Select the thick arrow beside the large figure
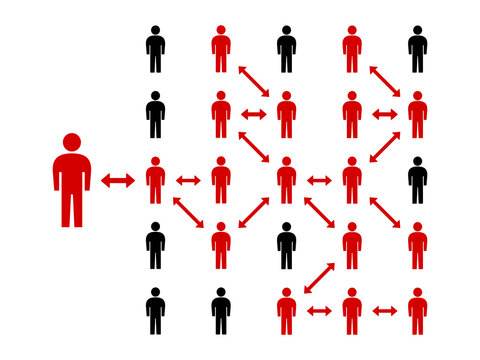118,180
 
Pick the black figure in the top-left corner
155,50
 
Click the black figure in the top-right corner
417,50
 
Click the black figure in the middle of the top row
286,50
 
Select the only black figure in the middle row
417,180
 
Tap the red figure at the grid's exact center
286,180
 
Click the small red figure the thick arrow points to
155,180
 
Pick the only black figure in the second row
155,115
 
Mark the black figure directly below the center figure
286,245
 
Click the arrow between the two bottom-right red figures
384,311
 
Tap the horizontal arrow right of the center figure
319,180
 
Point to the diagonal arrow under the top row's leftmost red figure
253,82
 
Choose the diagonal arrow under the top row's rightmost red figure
384,82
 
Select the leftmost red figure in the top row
221,50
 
